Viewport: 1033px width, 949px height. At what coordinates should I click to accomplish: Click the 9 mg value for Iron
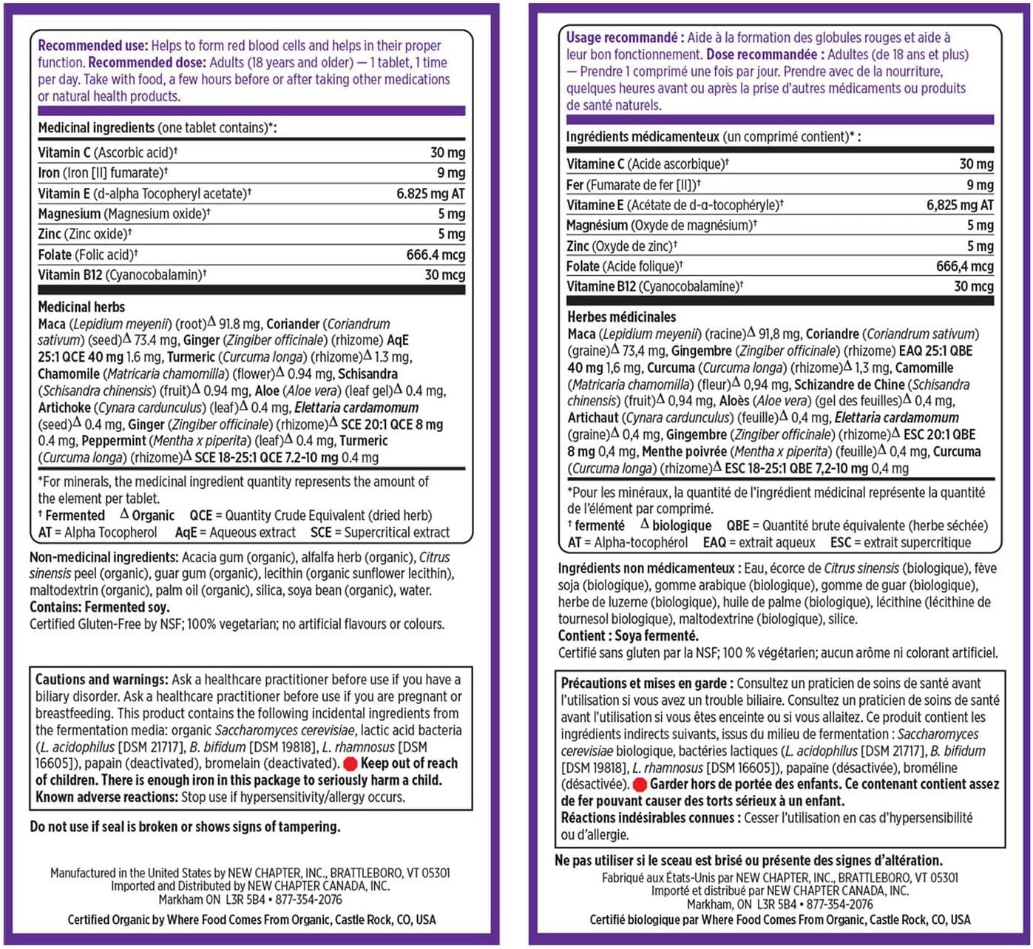coord(450,173)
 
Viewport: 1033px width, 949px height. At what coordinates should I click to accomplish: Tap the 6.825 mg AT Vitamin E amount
coord(430,194)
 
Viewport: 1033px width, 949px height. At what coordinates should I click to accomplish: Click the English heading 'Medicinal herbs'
coord(81,307)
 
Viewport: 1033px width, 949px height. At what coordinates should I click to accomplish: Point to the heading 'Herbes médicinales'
coord(621,317)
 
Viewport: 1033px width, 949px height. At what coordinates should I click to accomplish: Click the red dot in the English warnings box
coord(350,763)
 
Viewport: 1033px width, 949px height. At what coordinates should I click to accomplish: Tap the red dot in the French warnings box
coord(640,785)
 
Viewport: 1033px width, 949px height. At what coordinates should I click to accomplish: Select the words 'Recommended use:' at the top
coord(92,46)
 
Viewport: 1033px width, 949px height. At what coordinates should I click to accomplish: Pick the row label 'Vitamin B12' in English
coord(70,275)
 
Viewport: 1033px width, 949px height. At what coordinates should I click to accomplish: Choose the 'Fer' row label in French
coord(575,185)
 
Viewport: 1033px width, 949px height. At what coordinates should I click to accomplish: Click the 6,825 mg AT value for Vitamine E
coord(959,206)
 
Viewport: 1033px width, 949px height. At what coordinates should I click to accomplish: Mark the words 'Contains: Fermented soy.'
coord(99,607)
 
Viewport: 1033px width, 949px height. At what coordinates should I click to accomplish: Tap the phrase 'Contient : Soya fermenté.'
coord(628,636)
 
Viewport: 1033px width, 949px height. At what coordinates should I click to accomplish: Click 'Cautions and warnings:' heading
coord(101,680)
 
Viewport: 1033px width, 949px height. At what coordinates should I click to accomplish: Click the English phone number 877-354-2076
coord(308,899)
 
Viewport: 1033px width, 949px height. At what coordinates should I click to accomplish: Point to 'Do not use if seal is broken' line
coord(185,827)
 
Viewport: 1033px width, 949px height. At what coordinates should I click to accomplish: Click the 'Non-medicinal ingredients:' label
coord(104,558)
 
